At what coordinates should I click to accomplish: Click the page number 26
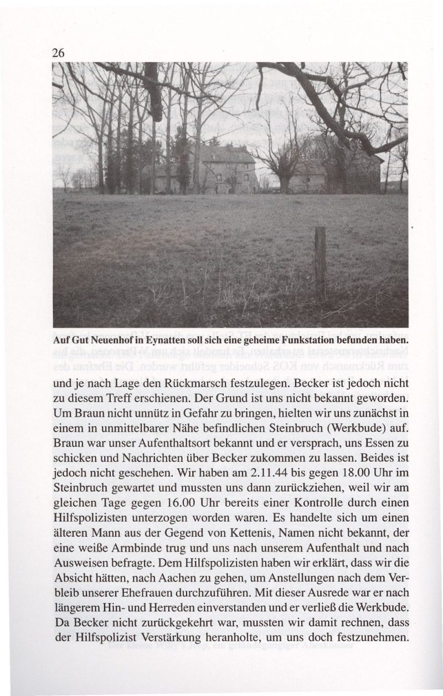pos(59,54)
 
